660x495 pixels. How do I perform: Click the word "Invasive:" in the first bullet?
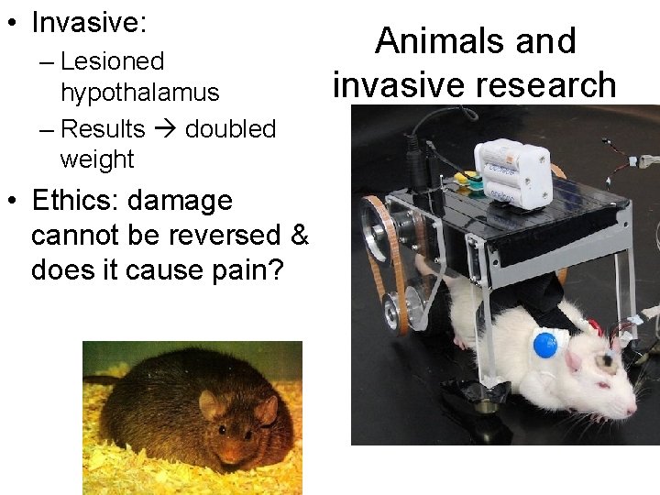(x=89, y=23)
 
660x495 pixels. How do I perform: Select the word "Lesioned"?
(x=112, y=61)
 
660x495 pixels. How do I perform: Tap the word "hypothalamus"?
(x=139, y=93)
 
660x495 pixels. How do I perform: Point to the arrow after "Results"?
(x=165, y=129)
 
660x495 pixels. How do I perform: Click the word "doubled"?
(x=230, y=128)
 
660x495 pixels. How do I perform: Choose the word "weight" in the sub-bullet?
(x=96, y=159)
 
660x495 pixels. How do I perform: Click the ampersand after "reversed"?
(x=299, y=236)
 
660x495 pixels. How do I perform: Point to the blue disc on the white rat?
(x=544, y=345)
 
